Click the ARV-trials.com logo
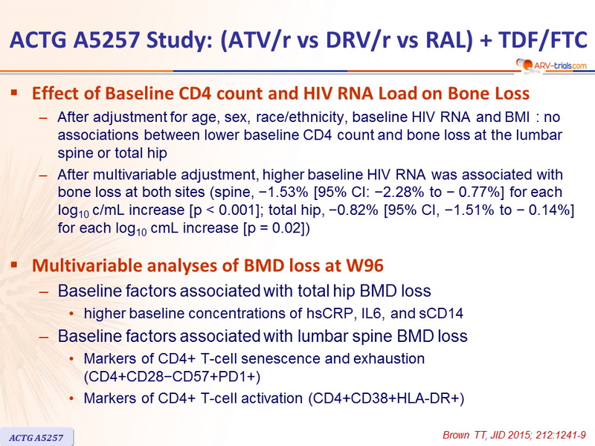pos(551,65)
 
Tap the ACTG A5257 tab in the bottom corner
pos(36,438)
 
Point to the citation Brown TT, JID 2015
pos(514,435)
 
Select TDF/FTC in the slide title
pos(543,39)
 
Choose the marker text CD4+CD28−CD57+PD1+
pos(172,377)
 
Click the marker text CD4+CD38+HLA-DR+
pos(386,398)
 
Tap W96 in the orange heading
pos(364,265)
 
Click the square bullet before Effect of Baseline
pos(14,92)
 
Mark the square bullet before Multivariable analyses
pos(14,265)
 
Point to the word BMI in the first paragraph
pos(518,117)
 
